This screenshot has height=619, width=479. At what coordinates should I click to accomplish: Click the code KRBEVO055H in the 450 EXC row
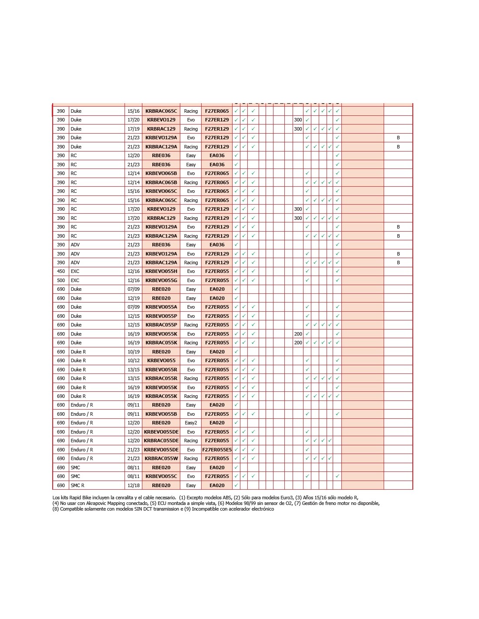tap(161, 271)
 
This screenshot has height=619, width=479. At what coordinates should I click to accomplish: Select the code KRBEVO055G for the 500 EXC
tap(161, 280)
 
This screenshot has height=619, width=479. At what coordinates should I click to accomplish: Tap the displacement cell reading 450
tap(61, 271)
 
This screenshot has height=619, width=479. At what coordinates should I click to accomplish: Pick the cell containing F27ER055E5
tap(217, 450)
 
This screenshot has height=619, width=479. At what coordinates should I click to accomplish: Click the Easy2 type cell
tap(191, 423)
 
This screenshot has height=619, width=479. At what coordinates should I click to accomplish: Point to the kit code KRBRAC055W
tap(161, 458)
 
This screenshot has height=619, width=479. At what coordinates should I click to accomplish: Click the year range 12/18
tap(133, 485)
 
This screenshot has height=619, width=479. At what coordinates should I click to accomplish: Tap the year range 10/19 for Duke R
tap(133, 352)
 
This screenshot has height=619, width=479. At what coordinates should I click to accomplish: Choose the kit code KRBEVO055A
tap(161, 307)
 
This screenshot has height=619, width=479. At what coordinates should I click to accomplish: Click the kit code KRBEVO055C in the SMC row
tap(161, 476)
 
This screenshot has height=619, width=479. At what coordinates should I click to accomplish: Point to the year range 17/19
tap(133, 129)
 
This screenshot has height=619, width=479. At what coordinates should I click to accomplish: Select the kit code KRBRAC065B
tap(161, 182)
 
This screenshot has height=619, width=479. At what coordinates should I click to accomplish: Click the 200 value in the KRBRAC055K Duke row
tap(298, 343)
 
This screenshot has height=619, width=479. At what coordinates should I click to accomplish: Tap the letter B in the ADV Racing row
tap(398, 262)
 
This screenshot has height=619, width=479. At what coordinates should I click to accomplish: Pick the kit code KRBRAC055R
tap(161, 378)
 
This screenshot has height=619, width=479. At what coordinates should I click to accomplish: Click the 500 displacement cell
tap(61, 280)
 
